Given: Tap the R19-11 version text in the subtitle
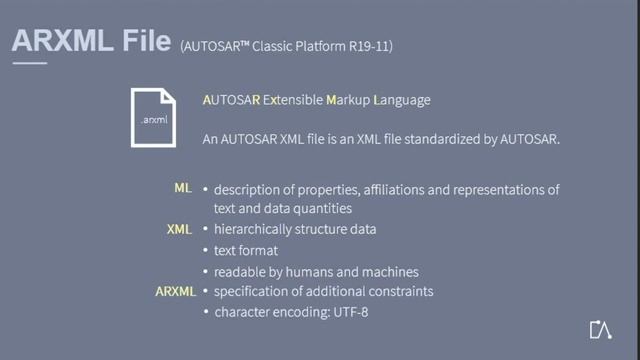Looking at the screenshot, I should (x=381, y=47).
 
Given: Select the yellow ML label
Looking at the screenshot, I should (x=182, y=189).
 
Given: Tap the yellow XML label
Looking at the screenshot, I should (x=178, y=229).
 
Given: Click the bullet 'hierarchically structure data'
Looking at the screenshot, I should (x=295, y=230).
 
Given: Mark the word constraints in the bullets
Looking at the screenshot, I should (x=399, y=292).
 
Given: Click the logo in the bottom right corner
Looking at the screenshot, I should (x=600, y=331).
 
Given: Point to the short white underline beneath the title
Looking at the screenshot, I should (x=29, y=63).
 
